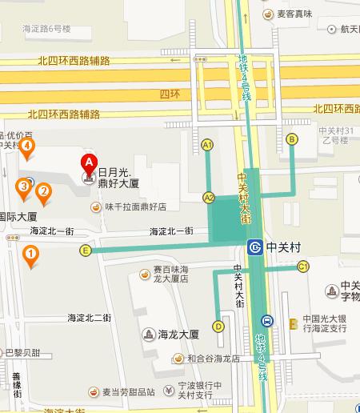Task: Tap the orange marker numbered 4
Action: (28, 146)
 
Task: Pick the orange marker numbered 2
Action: (43, 190)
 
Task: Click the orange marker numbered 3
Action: (24, 188)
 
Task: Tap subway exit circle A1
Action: (207, 145)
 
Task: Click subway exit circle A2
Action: (209, 197)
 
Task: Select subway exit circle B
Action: (292, 139)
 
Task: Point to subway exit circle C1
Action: (303, 266)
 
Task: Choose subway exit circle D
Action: (218, 326)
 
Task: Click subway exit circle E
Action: (85, 251)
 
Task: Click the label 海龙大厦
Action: (178, 334)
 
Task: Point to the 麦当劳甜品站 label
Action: (128, 392)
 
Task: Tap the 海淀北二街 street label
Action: (90, 318)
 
